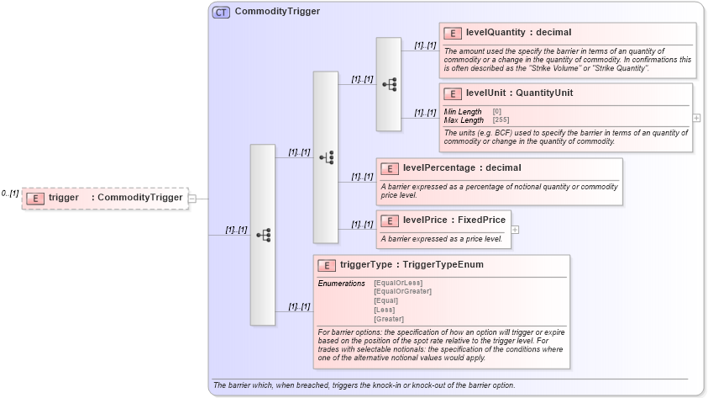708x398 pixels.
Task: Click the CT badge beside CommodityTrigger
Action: (x=221, y=12)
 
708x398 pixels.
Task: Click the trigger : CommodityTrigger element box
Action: (x=105, y=198)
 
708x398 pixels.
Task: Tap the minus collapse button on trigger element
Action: (x=192, y=199)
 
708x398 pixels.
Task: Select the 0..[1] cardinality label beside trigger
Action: (x=9, y=194)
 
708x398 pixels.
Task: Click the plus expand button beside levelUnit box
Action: (x=696, y=118)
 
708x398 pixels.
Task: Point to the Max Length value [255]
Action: (x=501, y=120)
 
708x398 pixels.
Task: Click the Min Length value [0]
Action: (x=496, y=112)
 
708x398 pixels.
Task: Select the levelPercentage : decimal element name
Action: (x=461, y=168)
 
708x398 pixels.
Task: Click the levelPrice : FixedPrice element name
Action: (x=454, y=220)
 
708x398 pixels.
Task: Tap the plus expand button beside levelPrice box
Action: (x=515, y=229)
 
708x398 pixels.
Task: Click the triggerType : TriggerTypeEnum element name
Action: (x=411, y=265)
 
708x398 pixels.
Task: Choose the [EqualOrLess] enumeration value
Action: (x=398, y=283)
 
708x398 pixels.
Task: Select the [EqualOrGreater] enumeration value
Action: (x=402, y=291)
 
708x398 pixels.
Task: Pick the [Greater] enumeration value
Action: (x=388, y=319)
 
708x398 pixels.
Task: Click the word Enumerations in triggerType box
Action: (x=341, y=284)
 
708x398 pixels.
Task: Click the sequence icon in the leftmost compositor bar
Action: (x=262, y=235)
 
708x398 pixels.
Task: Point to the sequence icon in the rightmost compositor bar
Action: (x=388, y=84)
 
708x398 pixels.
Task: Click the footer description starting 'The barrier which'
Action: (x=364, y=385)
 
